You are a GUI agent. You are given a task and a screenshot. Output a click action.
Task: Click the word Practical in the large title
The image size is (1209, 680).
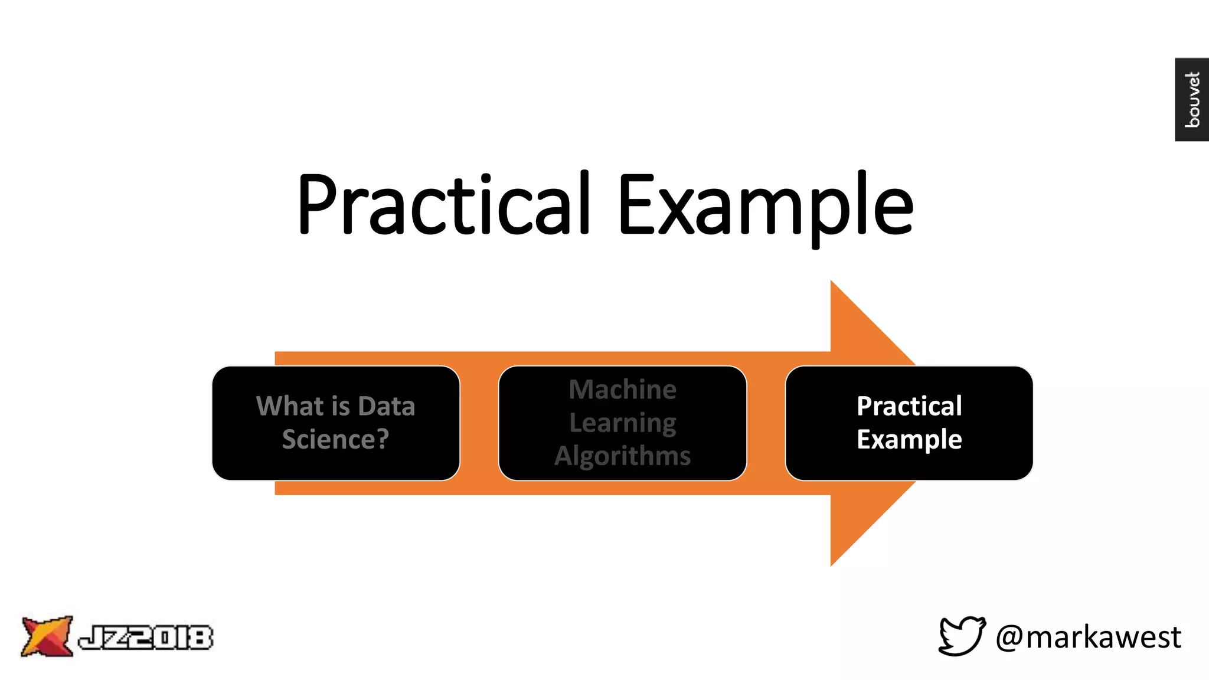click(443, 204)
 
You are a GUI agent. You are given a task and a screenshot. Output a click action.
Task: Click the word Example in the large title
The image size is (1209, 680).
click(765, 204)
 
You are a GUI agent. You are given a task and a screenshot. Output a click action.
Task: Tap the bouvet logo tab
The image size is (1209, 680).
click(1191, 99)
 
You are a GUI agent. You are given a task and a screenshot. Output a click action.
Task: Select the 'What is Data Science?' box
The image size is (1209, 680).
click(335, 423)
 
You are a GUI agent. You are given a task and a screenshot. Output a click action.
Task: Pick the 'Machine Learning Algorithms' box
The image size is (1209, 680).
click(622, 423)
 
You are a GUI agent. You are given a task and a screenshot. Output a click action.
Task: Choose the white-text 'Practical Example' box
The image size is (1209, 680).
click(909, 423)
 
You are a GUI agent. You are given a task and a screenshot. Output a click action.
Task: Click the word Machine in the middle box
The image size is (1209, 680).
click(622, 390)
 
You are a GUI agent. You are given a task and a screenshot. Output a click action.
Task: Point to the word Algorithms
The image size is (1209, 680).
click(622, 456)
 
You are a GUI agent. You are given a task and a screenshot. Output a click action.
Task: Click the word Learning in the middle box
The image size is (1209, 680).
click(622, 423)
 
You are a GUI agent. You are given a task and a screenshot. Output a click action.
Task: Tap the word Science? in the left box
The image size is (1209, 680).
click(335, 439)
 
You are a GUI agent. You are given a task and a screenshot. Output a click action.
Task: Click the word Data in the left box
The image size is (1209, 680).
click(386, 406)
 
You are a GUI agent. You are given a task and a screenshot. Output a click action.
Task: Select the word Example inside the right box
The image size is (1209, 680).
click(909, 439)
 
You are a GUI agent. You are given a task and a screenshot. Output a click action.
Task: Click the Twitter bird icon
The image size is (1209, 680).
click(962, 636)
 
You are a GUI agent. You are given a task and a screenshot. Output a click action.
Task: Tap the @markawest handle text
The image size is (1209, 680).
click(1088, 637)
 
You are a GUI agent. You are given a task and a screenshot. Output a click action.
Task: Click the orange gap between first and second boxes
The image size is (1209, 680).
click(479, 423)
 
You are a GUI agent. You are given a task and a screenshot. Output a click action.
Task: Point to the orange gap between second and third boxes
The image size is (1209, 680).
click(766, 423)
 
